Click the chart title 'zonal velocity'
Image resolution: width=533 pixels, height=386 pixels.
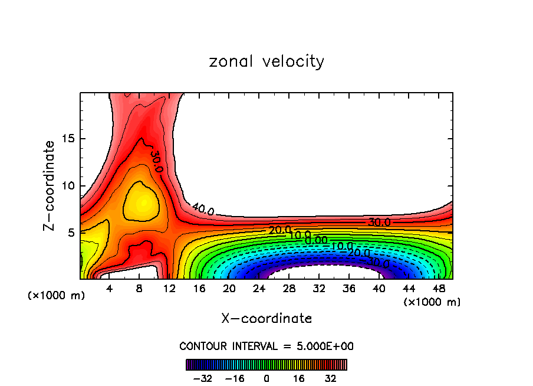(x=266, y=61)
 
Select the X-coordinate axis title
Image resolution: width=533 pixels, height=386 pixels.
(x=266, y=319)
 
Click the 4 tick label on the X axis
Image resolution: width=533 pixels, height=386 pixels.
(x=110, y=289)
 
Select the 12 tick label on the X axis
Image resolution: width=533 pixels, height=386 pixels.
(x=169, y=289)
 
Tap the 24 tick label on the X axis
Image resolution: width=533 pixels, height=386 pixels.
(x=259, y=289)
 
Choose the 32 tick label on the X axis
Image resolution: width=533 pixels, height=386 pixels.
(x=319, y=289)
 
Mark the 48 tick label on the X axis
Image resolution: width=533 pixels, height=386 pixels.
(x=438, y=289)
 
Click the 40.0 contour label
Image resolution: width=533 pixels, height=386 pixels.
(x=203, y=209)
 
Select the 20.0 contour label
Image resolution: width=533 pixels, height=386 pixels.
(x=279, y=230)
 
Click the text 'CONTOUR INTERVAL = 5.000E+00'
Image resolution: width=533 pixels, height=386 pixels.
(x=266, y=346)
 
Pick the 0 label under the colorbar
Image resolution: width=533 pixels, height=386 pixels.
(x=266, y=378)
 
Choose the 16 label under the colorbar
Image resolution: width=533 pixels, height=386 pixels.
(x=299, y=378)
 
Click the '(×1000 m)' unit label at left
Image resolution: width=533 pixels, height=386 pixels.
(x=57, y=296)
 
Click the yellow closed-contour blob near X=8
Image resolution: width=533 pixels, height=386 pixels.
(x=142, y=202)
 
